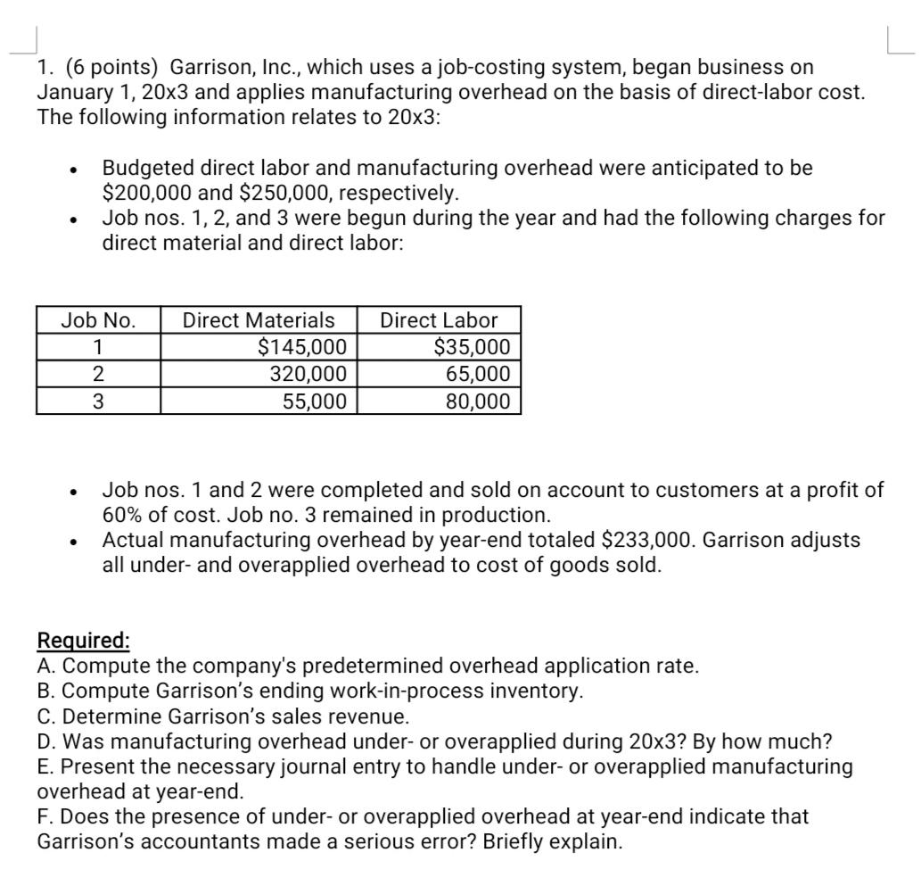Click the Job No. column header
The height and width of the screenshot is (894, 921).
point(98,320)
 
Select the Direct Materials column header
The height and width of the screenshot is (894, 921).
point(259,320)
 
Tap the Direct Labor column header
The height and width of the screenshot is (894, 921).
point(439,320)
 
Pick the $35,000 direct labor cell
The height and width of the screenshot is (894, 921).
point(472,347)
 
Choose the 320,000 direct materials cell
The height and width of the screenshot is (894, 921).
point(308,374)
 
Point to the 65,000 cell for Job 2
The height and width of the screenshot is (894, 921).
point(479,374)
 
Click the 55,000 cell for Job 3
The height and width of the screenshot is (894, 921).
point(315,401)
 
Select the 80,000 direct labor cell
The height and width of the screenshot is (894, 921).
point(479,401)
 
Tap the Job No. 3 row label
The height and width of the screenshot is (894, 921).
point(98,401)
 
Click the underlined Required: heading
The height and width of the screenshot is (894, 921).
point(84,641)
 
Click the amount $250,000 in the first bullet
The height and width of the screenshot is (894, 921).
point(287,193)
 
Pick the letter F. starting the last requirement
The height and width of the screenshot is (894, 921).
point(46,816)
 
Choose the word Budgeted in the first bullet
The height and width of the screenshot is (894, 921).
point(145,168)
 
